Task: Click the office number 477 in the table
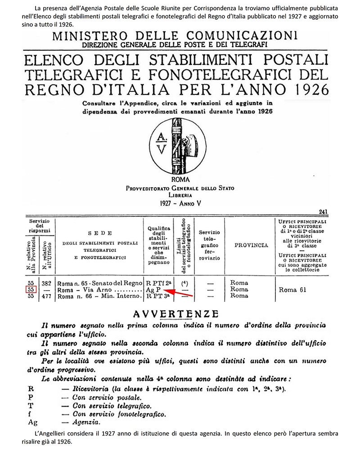pyautogui.click(x=45, y=296)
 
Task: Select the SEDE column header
pyautogui.click(x=97, y=233)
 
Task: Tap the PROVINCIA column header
pyautogui.click(x=252, y=245)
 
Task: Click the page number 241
pyautogui.click(x=323, y=211)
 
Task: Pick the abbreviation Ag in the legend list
pyautogui.click(x=32, y=423)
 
